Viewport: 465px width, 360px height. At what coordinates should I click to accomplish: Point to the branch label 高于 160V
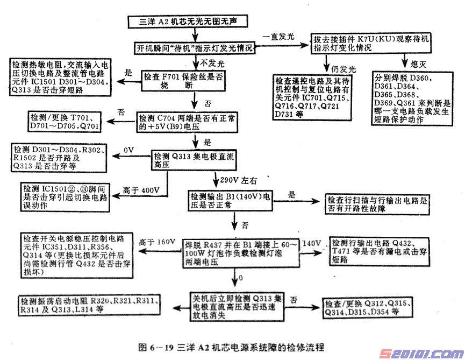155,243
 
